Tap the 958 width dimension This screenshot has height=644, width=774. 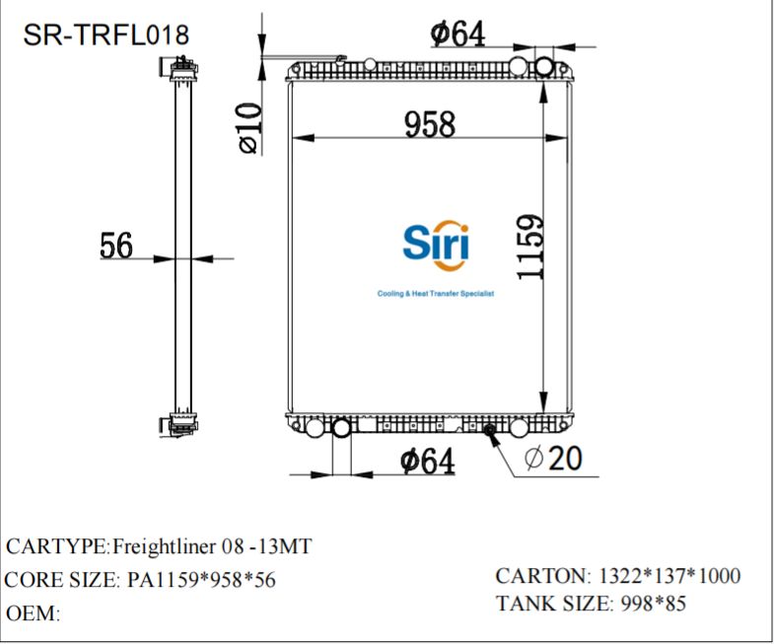430,124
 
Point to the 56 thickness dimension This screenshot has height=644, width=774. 115,246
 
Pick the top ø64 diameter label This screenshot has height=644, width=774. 458,34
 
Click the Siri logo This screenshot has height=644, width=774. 437,244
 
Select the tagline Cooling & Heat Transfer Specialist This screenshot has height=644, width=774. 435,295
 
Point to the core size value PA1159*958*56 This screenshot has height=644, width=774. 202,580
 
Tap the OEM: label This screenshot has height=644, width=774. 34,613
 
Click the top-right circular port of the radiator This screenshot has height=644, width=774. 545,66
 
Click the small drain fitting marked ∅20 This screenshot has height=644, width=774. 489,430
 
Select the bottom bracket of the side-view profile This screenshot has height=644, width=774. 180,425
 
